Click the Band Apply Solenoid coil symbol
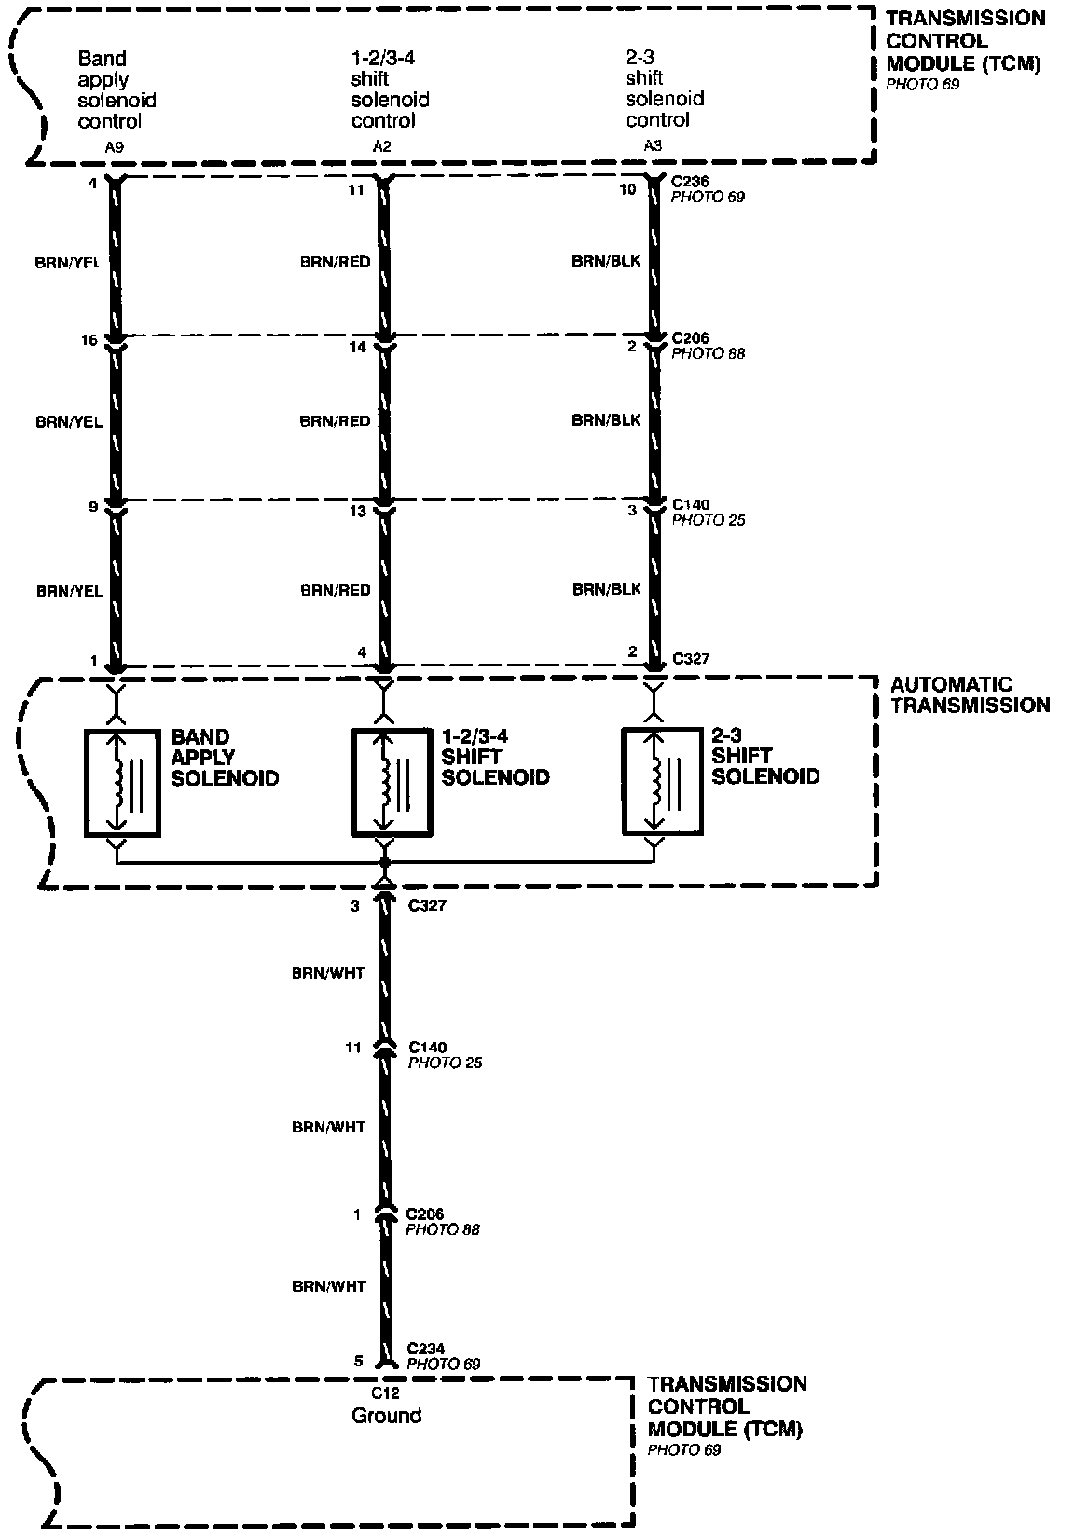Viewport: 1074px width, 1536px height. (122, 781)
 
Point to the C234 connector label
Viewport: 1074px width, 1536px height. (426, 1349)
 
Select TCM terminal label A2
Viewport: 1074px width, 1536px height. (381, 145)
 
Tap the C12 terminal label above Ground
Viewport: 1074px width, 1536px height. (385, 1393)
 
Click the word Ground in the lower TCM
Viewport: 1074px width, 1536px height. (386, 1416)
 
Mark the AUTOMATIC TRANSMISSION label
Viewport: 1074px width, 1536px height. (970, 695)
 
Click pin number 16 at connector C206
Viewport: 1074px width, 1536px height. (89, 341)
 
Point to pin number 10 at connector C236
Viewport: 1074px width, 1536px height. (627, 190)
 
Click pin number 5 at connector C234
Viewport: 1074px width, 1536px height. (358, 1362)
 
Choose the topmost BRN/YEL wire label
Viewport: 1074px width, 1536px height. (68, 263)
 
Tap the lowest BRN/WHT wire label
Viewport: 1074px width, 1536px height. (328, 1286)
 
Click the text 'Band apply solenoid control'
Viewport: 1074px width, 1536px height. (117, 89)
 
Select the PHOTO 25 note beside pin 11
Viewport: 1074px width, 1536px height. (445, 1063)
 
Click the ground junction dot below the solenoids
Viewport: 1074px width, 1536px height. (384, 864)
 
